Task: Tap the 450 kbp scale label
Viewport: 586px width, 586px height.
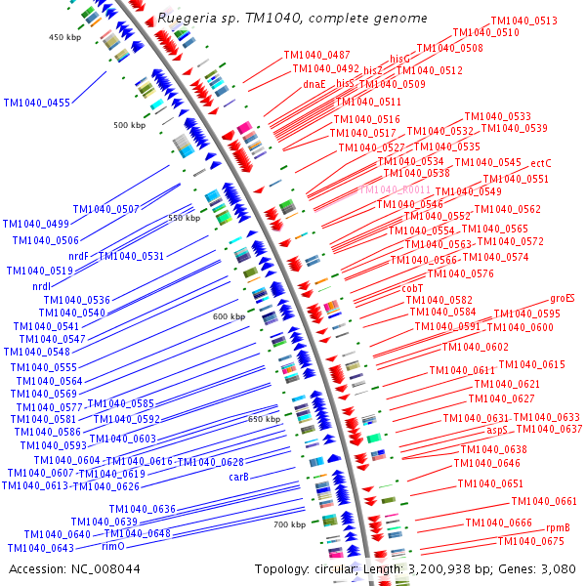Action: [x=64, y=37]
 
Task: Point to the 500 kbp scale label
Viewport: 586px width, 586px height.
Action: [x=129, y=125]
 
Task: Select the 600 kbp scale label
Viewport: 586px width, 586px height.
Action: [x=229, y=316]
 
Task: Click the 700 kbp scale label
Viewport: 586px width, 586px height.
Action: [x=289, y=524]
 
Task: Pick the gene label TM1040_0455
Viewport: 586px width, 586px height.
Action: [x=37, y=103]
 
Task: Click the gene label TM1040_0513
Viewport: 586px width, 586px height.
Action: [x=523, y=21]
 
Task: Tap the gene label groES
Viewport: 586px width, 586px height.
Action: [x=562, y=298]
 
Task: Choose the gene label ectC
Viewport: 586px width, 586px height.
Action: [x=542, y=163]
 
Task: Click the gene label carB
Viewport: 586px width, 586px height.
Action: [x=239, y=477]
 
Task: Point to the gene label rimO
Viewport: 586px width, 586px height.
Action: [x=112, y=547]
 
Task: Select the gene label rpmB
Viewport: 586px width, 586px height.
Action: [x=558, y=528]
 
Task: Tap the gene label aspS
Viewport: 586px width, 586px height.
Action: [x=498, y=430]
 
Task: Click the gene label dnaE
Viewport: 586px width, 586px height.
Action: [x=314, y=84]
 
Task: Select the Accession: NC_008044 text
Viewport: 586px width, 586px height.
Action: [x=74, y=568]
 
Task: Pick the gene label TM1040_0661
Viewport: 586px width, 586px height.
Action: [x=544, y=502]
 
